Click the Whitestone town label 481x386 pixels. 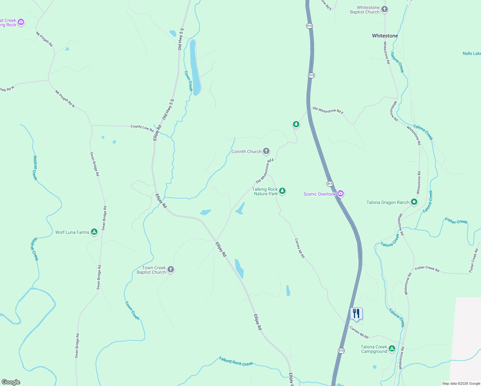pyautogui.click(x=385, y=36)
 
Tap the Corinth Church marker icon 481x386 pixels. pyautogui.click(x=266, y=151)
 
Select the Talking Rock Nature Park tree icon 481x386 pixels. pyautogui.click(x=282, y=191)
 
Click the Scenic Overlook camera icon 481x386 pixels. pyautogui.click(x=340, y=194)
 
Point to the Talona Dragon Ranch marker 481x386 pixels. pyautogui.click(x=414, y=202)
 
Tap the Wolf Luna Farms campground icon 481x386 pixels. pyautogui.click(x=94, y=232)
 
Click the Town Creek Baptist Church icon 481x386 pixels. pyautogui.click(x=171, y=270)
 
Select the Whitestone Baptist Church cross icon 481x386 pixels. pyautogui.click(x=385, y=9)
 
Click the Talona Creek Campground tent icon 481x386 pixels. pyautogui.click(x=392, y=349)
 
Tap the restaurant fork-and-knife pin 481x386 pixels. pyautogui.click(x=356, y=314)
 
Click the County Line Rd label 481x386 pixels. pyautogui.click(x=142, y=128)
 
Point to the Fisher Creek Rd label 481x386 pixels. pyautogui.click(x=427, y=269)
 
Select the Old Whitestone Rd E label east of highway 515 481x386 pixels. pyautogui.click(x=328, y=111)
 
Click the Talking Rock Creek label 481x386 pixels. pyautogui.click(x=236, y=361)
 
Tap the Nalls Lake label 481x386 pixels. pyautogui.click(x=471, y=53)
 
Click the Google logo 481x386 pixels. pyautogui.click(x=11, y=382)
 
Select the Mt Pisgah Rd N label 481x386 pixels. pyautogui.click(x=65, y=99)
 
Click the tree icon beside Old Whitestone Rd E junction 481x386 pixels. pyautogui.click(x=296, y=124)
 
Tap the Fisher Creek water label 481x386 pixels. pyautogui.click(x=456, y=221)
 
